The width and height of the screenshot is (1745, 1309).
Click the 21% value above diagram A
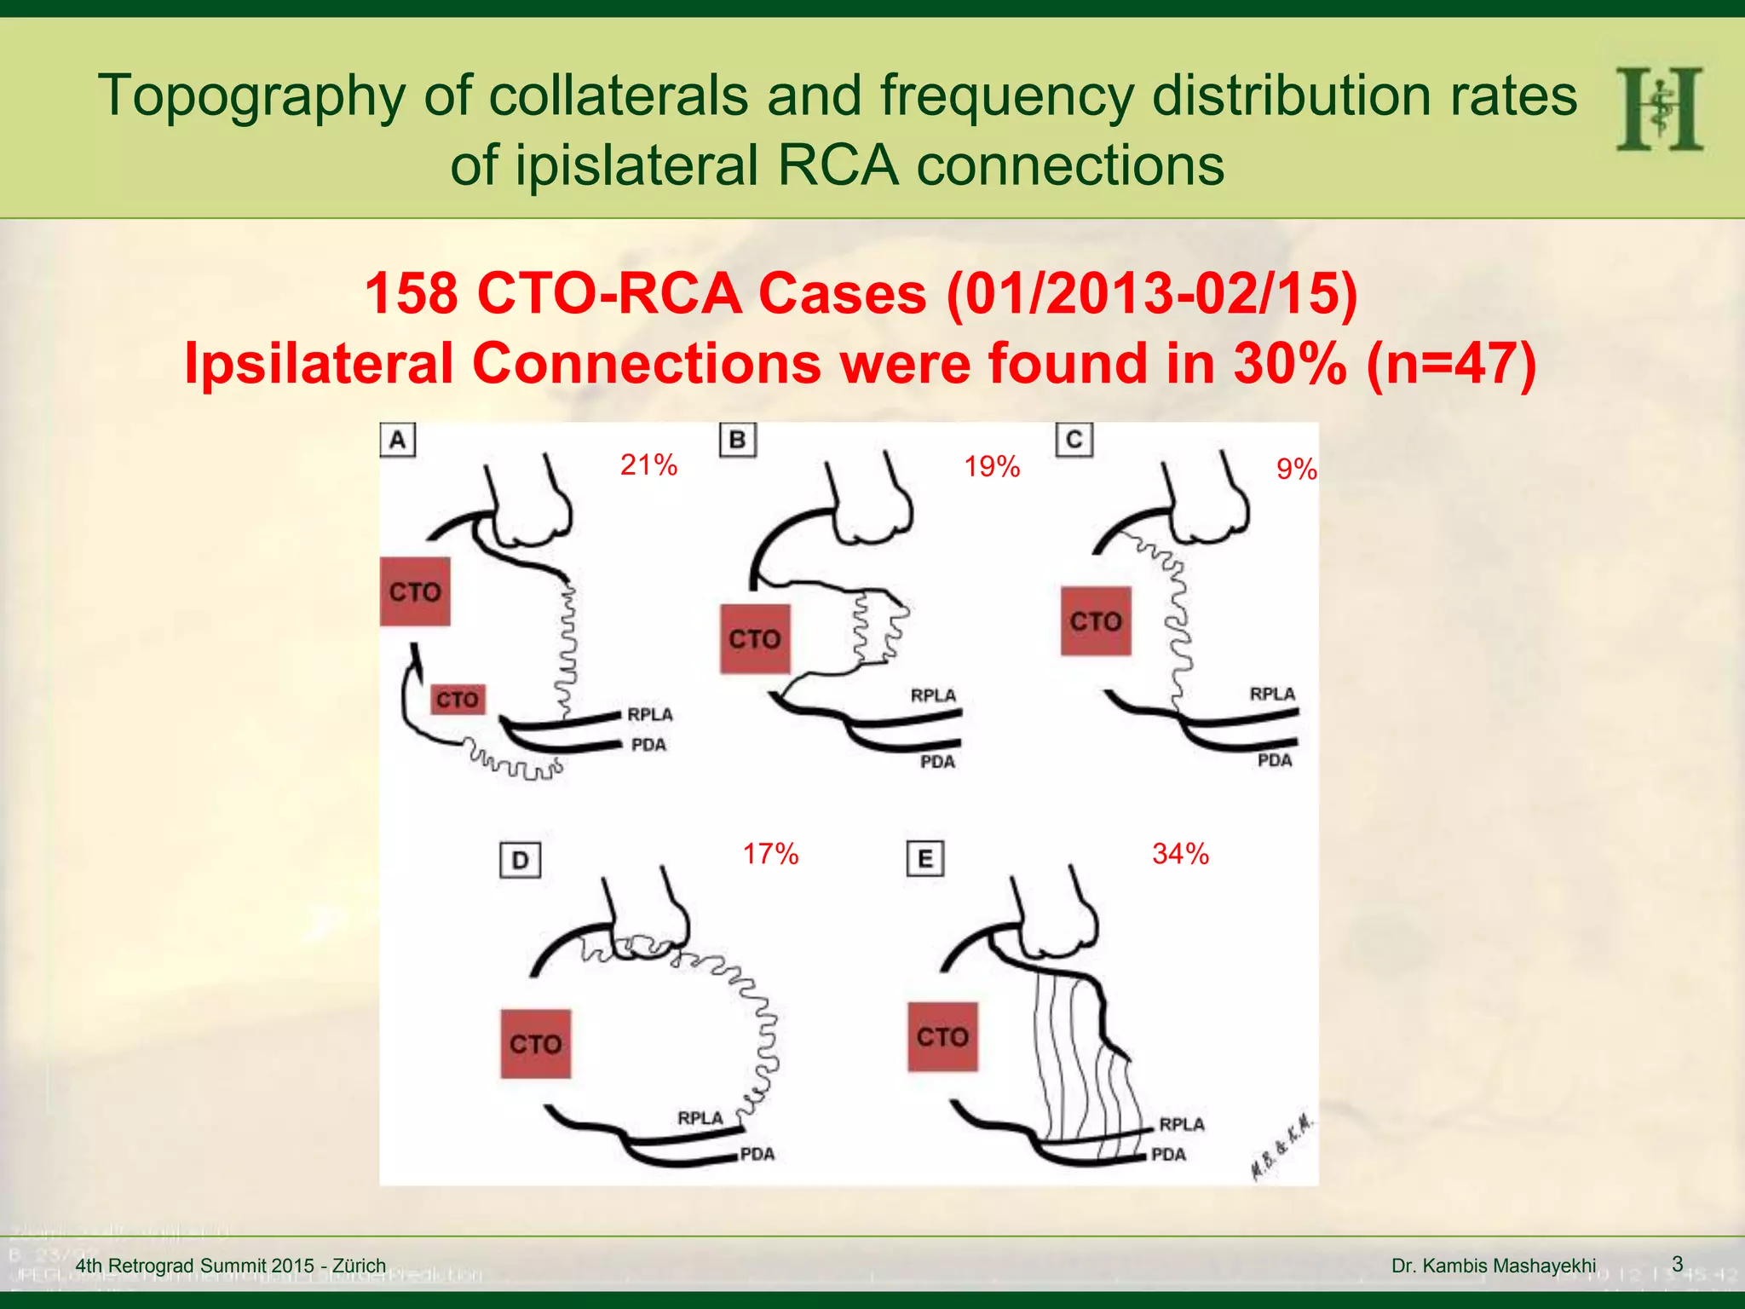[x=648, y=465]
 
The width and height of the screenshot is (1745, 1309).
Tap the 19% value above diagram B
[x=992, y=467]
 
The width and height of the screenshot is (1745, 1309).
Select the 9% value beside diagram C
[x=1296, y=470]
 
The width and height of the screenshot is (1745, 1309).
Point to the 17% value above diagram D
[x=770, y=854]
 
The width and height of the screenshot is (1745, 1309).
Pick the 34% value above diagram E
[x=1180, y=854]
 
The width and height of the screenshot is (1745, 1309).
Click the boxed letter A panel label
[x=398, y=441]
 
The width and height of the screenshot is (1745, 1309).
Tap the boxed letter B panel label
[x=738, y=441]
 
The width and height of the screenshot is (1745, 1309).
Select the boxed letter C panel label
[x=1074, y=440]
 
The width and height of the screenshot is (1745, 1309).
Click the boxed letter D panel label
[x=520, y=861]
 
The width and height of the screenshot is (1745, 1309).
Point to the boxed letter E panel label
[x=925, y=860]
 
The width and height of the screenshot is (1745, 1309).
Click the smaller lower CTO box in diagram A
[x=458, y=700]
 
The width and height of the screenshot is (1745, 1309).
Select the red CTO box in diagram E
[x=942, y=1037]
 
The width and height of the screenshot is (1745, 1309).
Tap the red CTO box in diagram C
[x=1096, y=621]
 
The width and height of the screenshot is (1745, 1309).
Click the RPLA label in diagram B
[x=933, y=695]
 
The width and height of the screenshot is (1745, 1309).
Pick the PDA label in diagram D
[x=757, y=1155]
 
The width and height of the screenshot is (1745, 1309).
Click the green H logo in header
[x=1659, y=109]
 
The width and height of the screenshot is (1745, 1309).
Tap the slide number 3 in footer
[x=1677, y=1264]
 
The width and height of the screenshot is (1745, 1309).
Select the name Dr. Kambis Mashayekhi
[x=1494, y=1266]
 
